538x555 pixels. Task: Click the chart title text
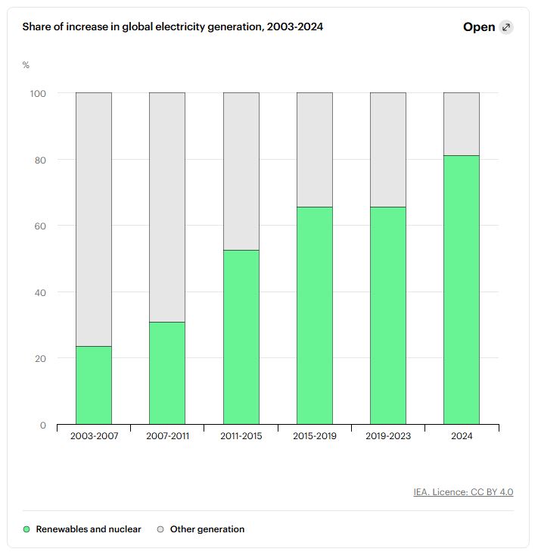click(x=173, y=27)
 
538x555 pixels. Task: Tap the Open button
click(x=479, y=27)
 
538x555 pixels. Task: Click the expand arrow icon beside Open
click(x=506, y=27)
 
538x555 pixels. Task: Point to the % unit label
click(x=26, y=65)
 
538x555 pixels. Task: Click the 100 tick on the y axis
click(x=38, y=93)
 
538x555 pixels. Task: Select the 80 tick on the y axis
click(x=39, y=160)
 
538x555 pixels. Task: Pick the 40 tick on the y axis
click(x=39, y=292)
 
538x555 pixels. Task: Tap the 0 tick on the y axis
click(x=43, y=425)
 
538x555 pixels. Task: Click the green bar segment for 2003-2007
click(x=94, y=385)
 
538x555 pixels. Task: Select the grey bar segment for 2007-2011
click(x=166, y=207)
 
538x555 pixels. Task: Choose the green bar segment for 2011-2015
click(x=241, y=337)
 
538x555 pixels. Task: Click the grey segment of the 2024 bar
click(x=461, y=123)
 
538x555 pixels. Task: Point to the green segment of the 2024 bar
click(x=461, y=289)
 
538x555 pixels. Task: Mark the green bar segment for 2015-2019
click(x=314, y=315)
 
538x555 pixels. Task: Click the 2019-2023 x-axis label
click(x=387, y=436)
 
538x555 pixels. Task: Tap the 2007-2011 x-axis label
click(x=167, y=436)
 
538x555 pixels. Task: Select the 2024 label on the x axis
click(x=461, y=436)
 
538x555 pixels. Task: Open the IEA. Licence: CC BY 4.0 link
click(x=463, y=492)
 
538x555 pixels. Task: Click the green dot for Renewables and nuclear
click(x=26, y=529)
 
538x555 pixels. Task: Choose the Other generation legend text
click(x=207, y=529)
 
